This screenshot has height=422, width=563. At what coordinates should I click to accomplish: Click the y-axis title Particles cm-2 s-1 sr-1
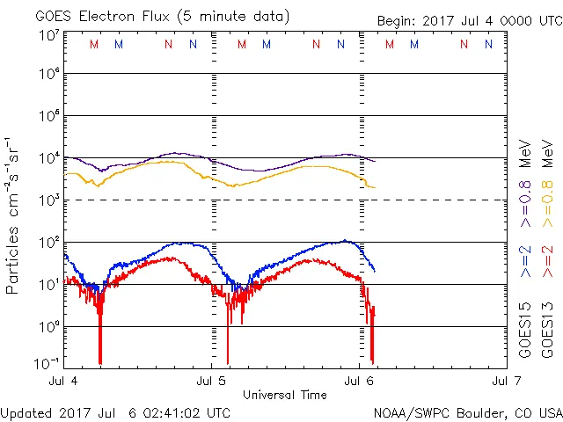pos(13,203)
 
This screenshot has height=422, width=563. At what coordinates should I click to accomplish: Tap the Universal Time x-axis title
pos(284,395)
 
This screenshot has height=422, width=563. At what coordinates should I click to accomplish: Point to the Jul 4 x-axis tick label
pos(65,382)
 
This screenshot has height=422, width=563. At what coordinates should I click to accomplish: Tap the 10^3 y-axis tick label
pos(48,200)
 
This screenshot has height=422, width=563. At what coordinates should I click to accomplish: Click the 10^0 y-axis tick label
pos(48,326)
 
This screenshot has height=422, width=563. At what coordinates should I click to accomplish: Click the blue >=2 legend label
pos(525,261)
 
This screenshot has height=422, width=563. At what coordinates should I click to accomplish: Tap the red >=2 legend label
pos(546,261)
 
